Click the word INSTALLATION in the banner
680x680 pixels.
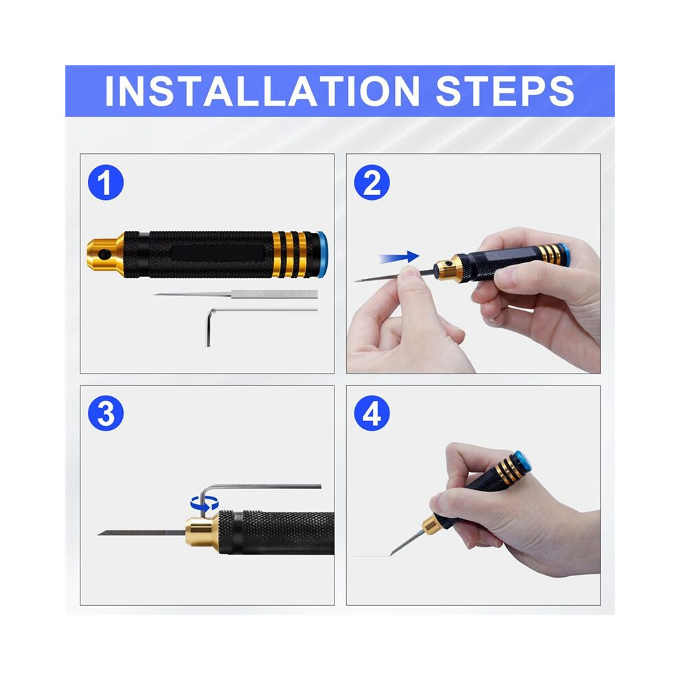(262, 91)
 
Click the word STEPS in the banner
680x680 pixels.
(505, 91)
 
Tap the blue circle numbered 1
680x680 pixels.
(106, 182)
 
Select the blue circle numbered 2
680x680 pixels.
(372, 182)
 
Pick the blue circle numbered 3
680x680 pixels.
(106, 413)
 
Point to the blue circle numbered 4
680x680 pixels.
(372, 413)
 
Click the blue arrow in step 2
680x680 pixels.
(399, 257)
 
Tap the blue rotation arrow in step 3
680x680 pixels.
(204, 503)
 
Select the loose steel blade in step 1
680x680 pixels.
(236, 295)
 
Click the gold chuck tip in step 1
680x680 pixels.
(105, 254)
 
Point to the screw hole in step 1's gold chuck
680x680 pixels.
(104, 255)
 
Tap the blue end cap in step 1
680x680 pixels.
(321, 254)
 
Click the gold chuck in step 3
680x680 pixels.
(202, 532)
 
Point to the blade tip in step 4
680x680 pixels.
(392, 554)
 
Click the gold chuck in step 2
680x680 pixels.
(447, 269)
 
